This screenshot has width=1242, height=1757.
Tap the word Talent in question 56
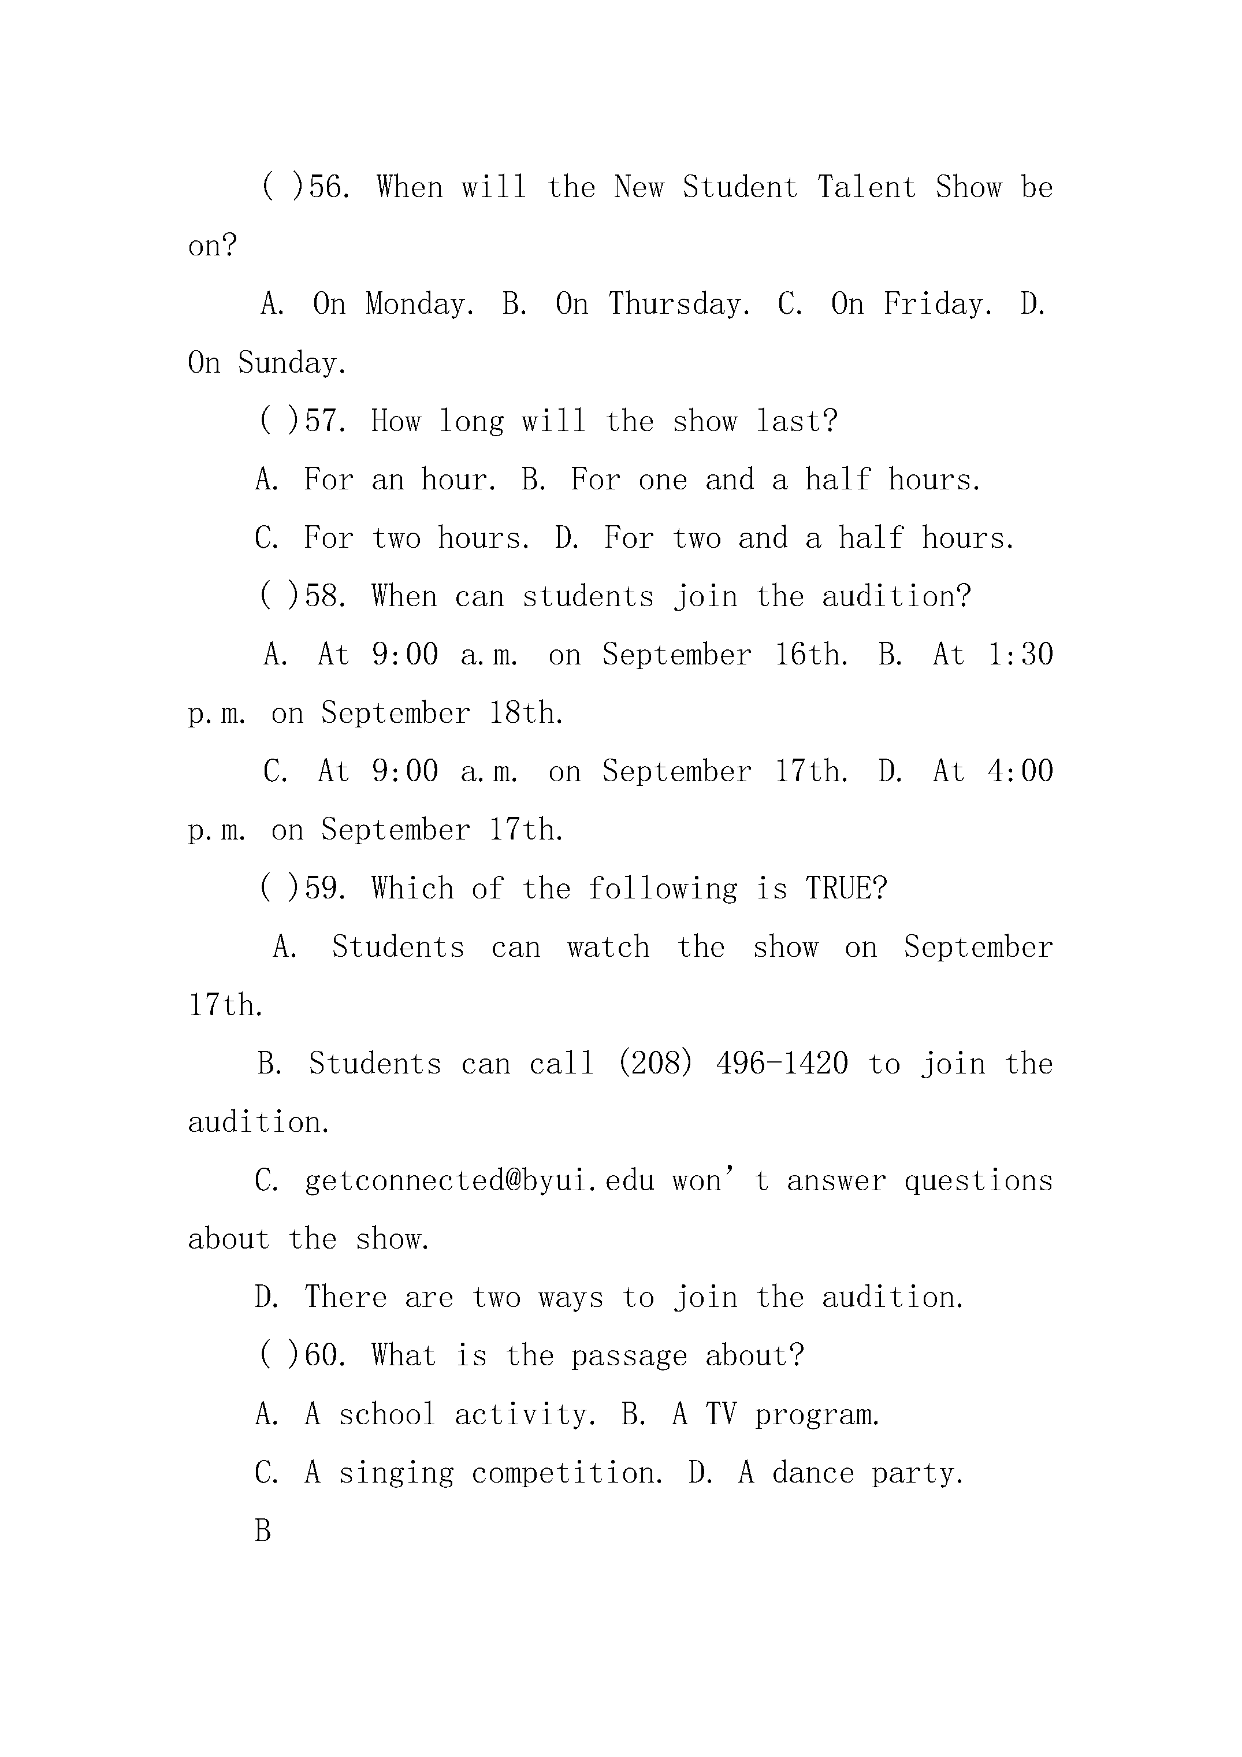click(x=867, y=187)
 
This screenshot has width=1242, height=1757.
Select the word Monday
click(x=419, y=304)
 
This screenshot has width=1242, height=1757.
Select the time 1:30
click(x=1021, y=655)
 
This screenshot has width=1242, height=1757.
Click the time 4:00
click(x=1021, y=771)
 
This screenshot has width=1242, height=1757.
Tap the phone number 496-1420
click(x=782, y=1064)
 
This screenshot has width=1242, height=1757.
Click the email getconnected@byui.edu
click(x=480, y=1181)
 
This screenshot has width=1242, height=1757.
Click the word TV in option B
click(x=722, y=1414)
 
